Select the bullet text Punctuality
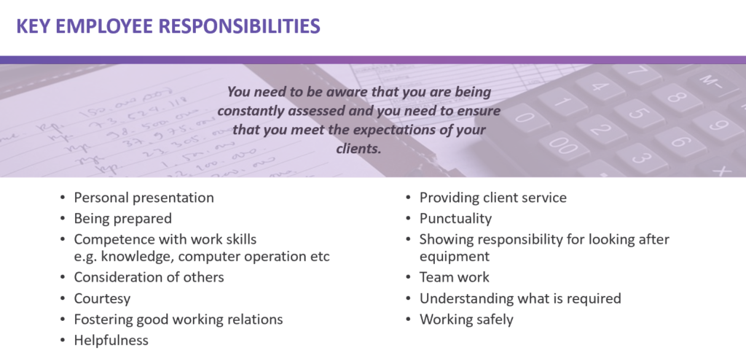455,219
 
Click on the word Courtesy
102,299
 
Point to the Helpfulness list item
111,340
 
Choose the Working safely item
466,320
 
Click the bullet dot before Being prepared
63,219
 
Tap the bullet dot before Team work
409,278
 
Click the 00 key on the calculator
565,145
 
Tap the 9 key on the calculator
718,125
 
